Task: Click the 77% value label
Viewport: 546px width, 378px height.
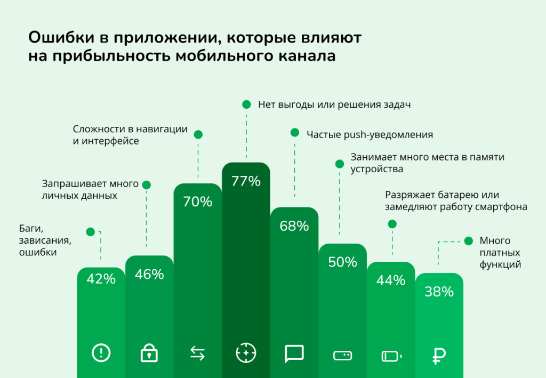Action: click(246, 181)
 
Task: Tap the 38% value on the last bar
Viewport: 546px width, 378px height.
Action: click(439, 292)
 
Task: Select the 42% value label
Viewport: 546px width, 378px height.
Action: click(101, 278)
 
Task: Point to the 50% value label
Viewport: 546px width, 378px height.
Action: click(342, 262)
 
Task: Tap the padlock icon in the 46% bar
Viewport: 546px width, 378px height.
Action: click(149, 353)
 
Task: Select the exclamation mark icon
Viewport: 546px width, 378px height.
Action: click(101, 352)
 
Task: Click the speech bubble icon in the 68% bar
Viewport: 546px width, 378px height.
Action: click(294, 353)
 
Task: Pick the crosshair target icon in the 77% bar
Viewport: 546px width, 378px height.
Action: click(246, 352)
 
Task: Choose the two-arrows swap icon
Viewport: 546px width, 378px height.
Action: click(197, 353)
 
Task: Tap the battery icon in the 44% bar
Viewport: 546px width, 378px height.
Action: click(392, 355)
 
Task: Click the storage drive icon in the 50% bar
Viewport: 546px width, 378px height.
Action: click(342, 355)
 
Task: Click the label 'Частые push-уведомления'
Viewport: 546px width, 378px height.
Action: click(370, 134)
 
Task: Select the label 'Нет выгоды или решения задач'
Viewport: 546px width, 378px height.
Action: click(334, 104)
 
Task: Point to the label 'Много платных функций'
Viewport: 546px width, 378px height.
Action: click(500, 252)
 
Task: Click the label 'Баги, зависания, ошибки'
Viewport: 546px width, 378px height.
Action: click(45, 241)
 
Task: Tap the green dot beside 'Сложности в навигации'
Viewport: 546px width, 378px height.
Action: click(198, 134)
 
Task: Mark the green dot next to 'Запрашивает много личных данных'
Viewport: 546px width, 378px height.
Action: click(147, 185)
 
